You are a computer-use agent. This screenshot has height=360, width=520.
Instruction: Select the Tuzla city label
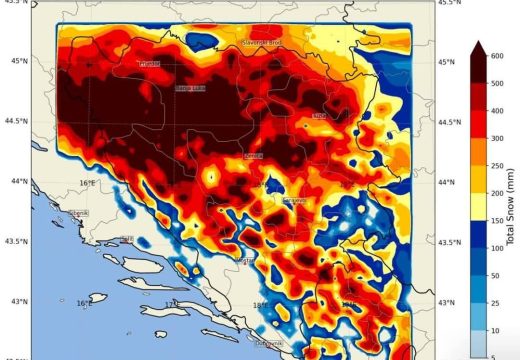click(x=320, y=116)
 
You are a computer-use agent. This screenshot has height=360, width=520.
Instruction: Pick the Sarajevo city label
click(x=295, y=200)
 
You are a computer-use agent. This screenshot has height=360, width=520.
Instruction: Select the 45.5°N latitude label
click(x=449, y=3)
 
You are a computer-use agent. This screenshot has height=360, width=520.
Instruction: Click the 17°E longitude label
click(x=170, y=303)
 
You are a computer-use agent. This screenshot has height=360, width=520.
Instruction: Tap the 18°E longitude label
click(x=258, y=305)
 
